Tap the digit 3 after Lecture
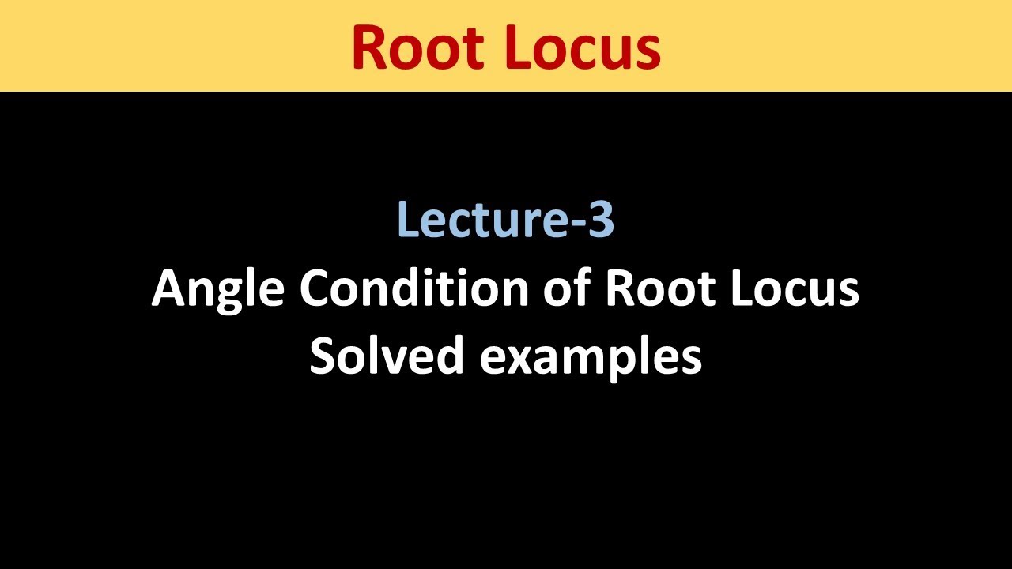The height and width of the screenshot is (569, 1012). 602,219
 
